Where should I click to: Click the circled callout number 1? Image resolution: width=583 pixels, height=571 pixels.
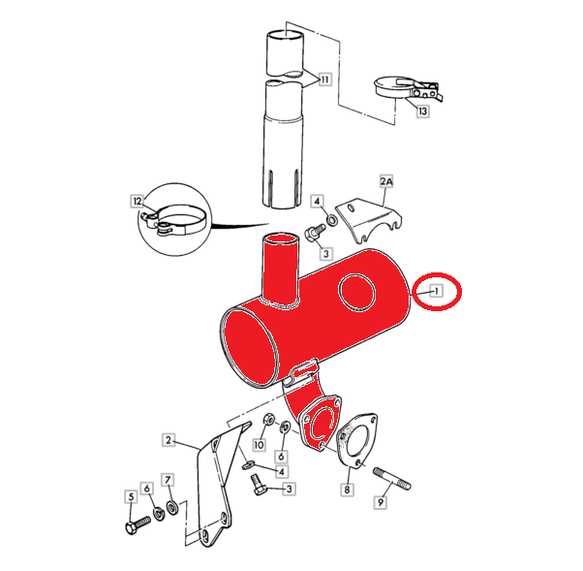(437, 291)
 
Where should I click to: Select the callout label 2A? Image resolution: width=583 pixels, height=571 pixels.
(386, 181)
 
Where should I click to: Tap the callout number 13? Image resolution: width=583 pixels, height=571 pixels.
(423, 111)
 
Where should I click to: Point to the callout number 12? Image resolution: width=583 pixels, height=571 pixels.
(138, 202)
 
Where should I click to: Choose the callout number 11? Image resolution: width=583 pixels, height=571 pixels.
(325, 79)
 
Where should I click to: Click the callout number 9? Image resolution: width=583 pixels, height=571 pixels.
(381, 503)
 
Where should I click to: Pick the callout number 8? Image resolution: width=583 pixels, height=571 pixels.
(347, 490)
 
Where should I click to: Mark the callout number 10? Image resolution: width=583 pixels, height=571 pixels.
(260, 444)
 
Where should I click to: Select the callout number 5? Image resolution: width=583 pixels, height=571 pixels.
(131, 497)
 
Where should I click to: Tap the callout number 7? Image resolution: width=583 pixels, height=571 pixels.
(168, 480)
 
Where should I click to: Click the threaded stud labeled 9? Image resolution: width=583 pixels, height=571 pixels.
(392, 478)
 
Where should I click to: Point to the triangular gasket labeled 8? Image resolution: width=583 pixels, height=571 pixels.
(356, 440)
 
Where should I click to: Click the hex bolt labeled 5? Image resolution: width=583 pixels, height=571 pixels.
(138, 523)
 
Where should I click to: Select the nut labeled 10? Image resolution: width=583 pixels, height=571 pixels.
(268, 421)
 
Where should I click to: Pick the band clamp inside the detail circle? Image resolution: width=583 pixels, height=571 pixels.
(173, 220)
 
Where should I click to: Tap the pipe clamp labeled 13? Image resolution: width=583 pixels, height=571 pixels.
(409, 88)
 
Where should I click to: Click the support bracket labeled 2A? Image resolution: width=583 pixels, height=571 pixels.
(369, 220)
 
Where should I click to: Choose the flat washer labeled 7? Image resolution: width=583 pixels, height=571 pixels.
(172, 508)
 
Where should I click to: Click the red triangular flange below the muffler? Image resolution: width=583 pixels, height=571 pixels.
(321, 424)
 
